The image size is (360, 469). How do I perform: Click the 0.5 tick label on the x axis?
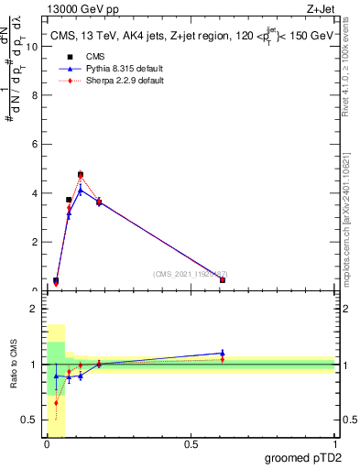pos(190,445)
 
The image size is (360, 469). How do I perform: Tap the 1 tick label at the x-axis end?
pos(334,445)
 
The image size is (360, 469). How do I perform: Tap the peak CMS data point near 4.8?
pos(81,174)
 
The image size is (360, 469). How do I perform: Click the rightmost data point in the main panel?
pos(223,279)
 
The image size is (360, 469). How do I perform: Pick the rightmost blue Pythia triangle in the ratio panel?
pos(223,353)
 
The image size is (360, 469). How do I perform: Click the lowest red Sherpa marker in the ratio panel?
pos(56,402)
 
